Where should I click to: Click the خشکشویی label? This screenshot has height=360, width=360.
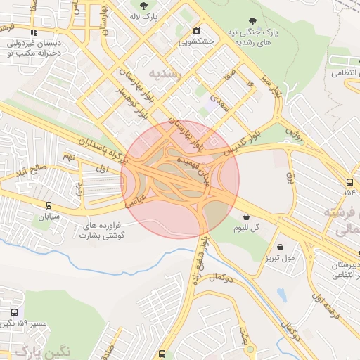pos(196,41)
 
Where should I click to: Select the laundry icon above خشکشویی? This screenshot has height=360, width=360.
pos(196,30)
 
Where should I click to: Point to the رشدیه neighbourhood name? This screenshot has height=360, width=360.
pos(166,73)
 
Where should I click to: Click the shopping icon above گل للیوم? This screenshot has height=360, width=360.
pos(246,216)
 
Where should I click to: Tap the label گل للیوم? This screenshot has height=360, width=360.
pos(246,228)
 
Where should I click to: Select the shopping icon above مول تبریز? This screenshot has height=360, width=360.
pos(281,247)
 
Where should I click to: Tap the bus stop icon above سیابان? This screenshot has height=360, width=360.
pos(48,205)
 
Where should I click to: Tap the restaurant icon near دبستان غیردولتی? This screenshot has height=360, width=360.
pos(33,32)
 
